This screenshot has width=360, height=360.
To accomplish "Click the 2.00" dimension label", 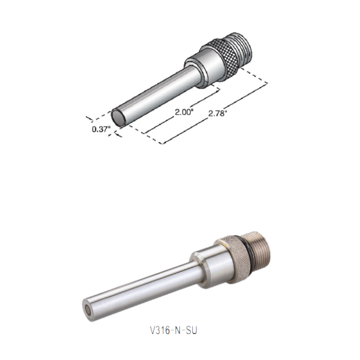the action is tap(184, 112).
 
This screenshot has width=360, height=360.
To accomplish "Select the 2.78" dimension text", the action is tap(217, 114).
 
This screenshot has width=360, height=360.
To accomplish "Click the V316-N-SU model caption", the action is tap(174, 331).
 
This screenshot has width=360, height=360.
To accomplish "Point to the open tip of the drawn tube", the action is tap(119, 118).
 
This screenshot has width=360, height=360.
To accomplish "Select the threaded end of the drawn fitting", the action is tap(244, 49).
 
